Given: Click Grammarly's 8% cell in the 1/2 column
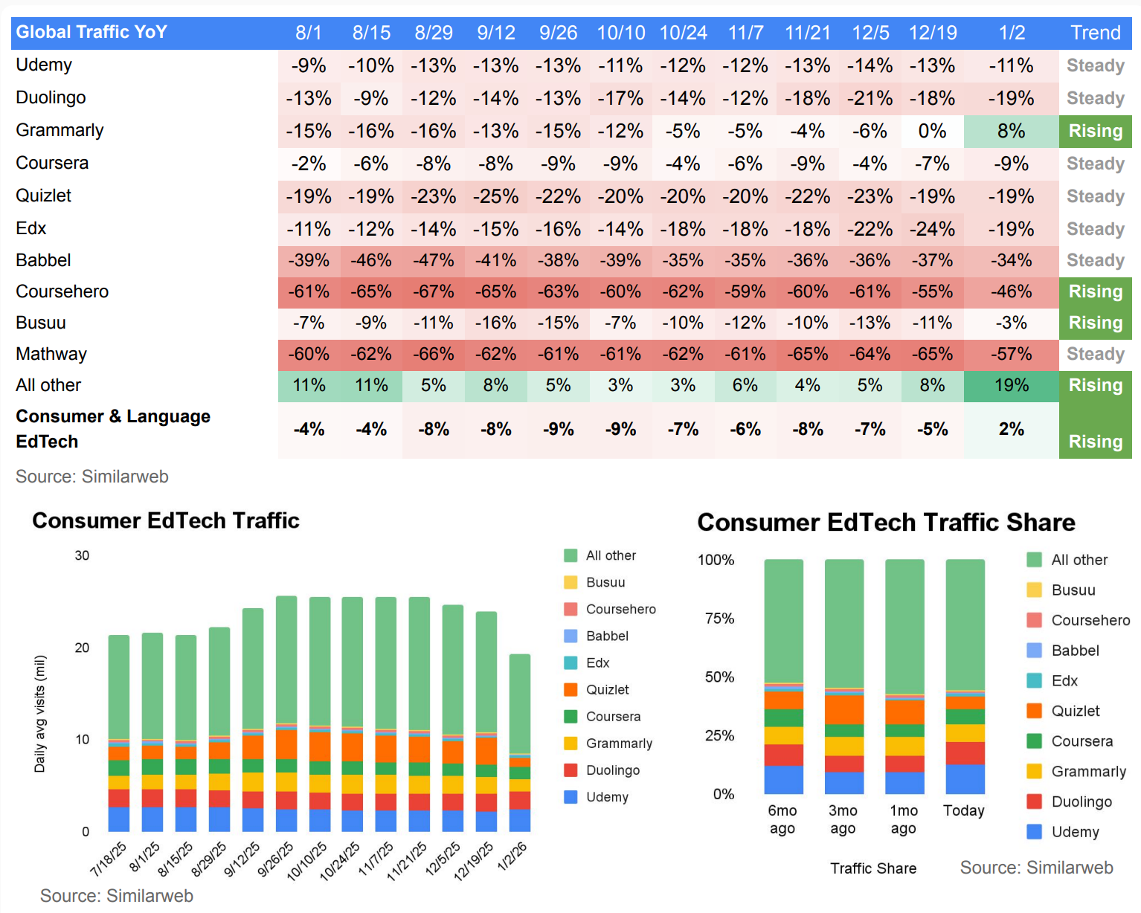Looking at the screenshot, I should pyautogui.click(x=1011, y=132).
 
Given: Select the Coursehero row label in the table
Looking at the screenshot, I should pyautogui.click(x=62, y=291).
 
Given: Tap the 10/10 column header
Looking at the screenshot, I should pyautogui.click(x=620, y=33).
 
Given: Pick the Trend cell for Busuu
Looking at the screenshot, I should pyautogui.click(x=1095, y=323).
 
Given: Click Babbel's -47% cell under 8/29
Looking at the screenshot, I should pyautogui.click(x=433, y=260).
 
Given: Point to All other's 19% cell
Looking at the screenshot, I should pyautogui.click(x=1011, y=385).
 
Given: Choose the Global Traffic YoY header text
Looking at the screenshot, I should pyautogui.click(x=91, y=32).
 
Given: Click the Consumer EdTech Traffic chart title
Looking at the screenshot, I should pyautogui.click(x=165, y=520).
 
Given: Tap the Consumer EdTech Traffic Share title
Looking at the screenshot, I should pyautogui.click(x=886, y=522).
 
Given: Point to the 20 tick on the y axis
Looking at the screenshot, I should pyautogui.click(x=82, y=648).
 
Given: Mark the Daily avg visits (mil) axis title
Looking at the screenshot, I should pyautogui.click(x=40, y=714).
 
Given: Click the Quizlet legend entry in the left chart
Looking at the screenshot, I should pyautogui.click(x=607, y=690).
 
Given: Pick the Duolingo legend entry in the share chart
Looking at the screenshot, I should pyautogui.click(x=1081, y=801).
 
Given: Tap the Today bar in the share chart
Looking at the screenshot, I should pyautogui.click(x=965, y=677).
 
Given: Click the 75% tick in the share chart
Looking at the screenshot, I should pyautogui.click(x=719, y=619).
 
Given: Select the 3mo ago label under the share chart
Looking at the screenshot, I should pyautogui.click(x=843, y=819).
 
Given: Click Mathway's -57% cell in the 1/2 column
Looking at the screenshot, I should pyautogui.click(x=1011, y=354).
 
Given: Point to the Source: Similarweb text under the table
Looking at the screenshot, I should pyautogui.click(x=92, y=477).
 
